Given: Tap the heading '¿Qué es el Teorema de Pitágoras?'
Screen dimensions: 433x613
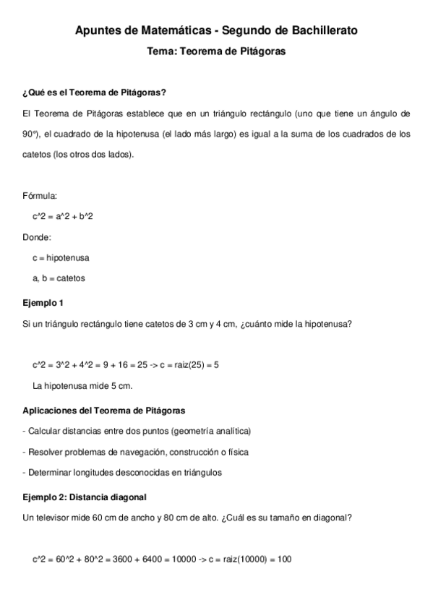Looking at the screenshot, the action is pos(95,93).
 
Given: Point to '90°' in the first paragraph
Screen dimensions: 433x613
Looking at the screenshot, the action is pos(30,134).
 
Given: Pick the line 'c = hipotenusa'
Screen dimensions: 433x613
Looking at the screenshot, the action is pos(61,257).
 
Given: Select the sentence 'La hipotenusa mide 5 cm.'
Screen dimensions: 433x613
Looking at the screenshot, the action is pos(82,385).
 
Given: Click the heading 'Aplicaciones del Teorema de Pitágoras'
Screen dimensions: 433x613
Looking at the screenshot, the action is pos(104,411).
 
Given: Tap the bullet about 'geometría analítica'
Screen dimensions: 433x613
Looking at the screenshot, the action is pos(137,432).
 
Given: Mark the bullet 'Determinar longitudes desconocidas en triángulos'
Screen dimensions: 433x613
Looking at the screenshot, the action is pos(122,473).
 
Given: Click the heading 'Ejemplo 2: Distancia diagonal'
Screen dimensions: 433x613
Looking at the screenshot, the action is pos(85,497).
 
